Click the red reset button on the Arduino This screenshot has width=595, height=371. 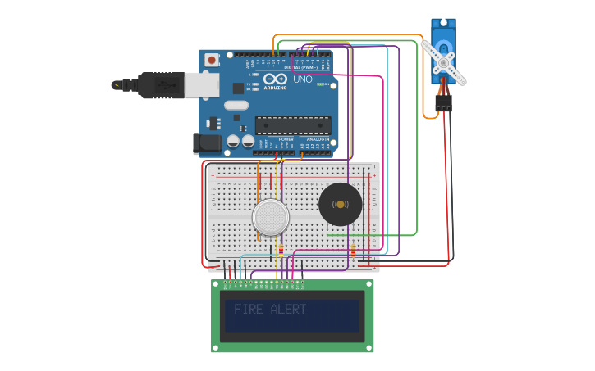[212, 60]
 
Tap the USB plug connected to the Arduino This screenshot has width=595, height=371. [161, 84]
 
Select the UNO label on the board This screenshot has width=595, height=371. [302, 79]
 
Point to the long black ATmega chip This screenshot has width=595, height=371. [293, 125]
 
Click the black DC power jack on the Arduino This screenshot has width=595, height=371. [207, 144]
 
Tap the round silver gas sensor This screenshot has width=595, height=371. [270, 217]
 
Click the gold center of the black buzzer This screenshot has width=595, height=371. [340, 205]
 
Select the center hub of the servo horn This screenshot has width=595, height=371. [443, 62]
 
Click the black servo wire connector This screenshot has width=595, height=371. [443, 103]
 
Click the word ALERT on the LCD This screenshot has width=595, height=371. [288, 310]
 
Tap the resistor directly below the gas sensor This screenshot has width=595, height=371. [281, 250]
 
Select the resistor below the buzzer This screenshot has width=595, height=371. [353, 250]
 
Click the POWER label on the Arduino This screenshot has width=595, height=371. [286, 139]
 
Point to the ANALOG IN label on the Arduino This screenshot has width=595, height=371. [318, 139]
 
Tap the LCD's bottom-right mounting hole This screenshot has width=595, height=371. [369, 347]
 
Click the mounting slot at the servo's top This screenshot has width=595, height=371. [443, 24]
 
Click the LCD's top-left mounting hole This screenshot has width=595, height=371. [216, 285]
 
